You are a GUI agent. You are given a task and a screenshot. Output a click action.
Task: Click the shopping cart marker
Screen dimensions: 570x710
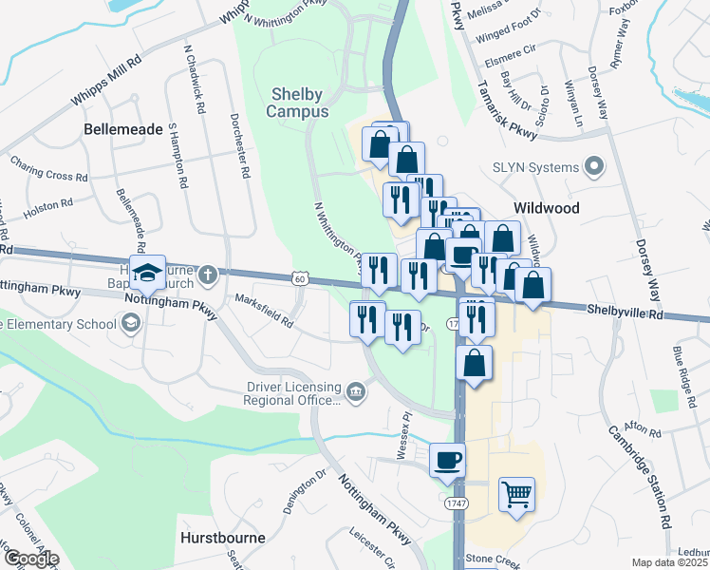coord(515,492)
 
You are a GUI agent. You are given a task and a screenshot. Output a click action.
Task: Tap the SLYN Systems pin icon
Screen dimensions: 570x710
coord(595,168)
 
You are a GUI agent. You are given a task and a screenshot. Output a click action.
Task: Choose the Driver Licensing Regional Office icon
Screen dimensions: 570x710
coord(356,391)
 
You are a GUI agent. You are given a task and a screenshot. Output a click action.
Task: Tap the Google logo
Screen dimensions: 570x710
coord(30,559)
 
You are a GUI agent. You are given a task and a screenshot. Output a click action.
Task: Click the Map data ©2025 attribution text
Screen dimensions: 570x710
coord(670,562)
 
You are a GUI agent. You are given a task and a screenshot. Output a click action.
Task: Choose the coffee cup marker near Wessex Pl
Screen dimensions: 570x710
coord(447,460)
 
